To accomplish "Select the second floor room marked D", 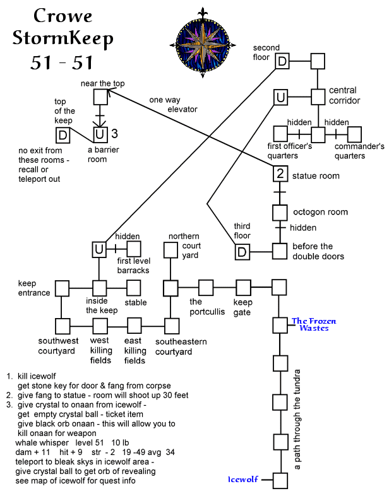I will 282,61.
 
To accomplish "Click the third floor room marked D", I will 243,251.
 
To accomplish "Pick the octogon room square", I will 280,212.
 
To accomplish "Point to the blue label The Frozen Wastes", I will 313,324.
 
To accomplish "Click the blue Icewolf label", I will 243,480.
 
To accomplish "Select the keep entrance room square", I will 61,288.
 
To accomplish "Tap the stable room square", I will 135,288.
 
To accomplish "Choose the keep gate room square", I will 244,288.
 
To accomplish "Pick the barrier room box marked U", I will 100,134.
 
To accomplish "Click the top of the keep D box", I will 62,134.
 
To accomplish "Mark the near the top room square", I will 100,97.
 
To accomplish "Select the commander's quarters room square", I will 354,134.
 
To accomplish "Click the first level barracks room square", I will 135,249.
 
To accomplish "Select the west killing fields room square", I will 100,326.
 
